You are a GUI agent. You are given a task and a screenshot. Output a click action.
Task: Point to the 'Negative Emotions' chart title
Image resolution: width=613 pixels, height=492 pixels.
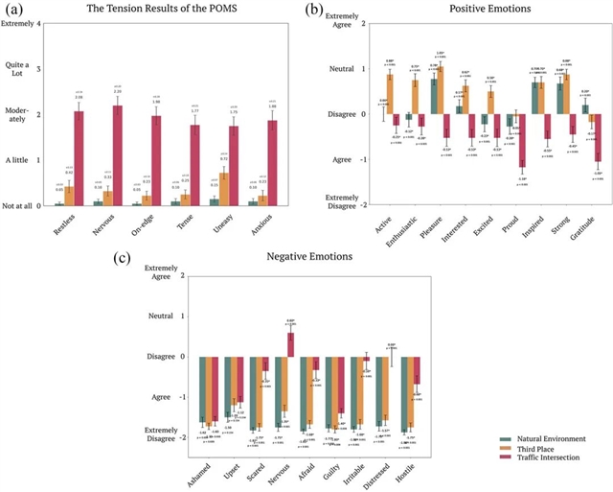click(312, 257)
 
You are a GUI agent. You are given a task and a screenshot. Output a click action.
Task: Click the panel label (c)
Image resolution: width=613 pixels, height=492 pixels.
click(148, 258)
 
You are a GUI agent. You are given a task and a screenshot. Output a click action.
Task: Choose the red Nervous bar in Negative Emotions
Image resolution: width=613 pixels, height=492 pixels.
click(290, 344)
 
